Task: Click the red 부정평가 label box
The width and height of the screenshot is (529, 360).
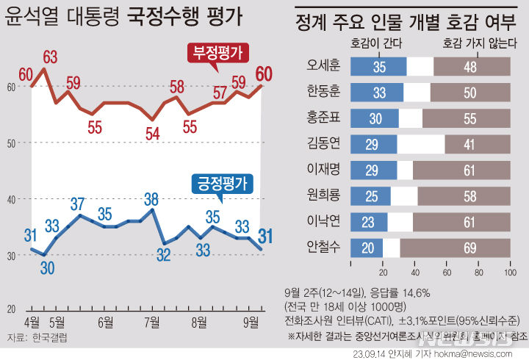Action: (x=217, y=53)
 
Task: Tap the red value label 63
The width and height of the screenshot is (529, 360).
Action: (x=51, y=56)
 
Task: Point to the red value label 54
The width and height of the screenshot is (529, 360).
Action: (x=153, y=133)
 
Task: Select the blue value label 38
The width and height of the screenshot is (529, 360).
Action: (x=152, y=198)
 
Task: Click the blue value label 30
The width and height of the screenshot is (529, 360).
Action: (x=47, y=268)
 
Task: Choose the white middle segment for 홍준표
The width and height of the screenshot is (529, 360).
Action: (x=411, y=118)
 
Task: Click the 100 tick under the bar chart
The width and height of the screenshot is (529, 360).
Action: (x=509, y=273)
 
